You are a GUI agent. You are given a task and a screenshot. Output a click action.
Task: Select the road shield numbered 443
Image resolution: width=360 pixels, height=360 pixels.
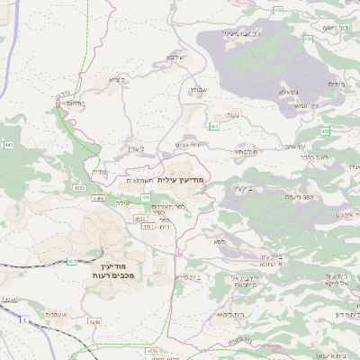[9, 144]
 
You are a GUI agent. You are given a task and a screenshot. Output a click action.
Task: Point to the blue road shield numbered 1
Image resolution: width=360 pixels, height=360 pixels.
[26, 319]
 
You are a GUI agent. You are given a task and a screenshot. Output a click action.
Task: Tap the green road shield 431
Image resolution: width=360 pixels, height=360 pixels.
[71, 262]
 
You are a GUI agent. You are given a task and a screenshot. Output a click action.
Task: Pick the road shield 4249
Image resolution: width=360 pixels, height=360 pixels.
[94, 320]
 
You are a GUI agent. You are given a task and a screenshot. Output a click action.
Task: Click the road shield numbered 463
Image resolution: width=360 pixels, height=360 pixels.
[213, 127]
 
